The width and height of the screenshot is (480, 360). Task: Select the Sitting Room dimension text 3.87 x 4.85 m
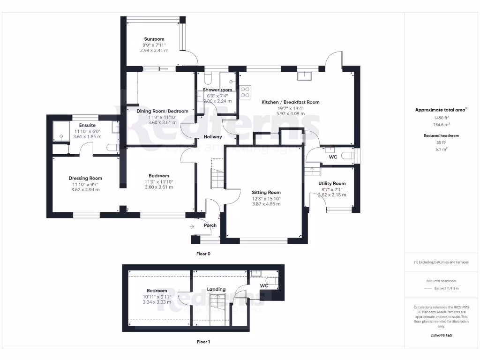(x=266, y=204)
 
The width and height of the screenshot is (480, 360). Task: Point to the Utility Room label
(x=332, y=184)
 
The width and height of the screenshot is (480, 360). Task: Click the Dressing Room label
(x=85, y=178)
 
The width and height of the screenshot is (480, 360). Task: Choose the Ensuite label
(x=87, y=126)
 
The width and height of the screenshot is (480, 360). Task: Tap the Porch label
(x=210, y=225)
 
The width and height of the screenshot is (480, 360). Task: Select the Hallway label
(x=212, y=137)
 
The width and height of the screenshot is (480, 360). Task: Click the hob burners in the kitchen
(x=246, y=91)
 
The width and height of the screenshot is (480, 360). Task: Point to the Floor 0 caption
(x=203, y=254)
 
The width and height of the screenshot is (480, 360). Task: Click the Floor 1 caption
(x=203, y=342)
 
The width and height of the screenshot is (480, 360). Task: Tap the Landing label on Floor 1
(x=216, y=289)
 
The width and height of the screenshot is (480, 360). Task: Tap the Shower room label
(x=217, y=90)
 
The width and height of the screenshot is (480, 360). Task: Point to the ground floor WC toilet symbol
(x=347, y=155)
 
